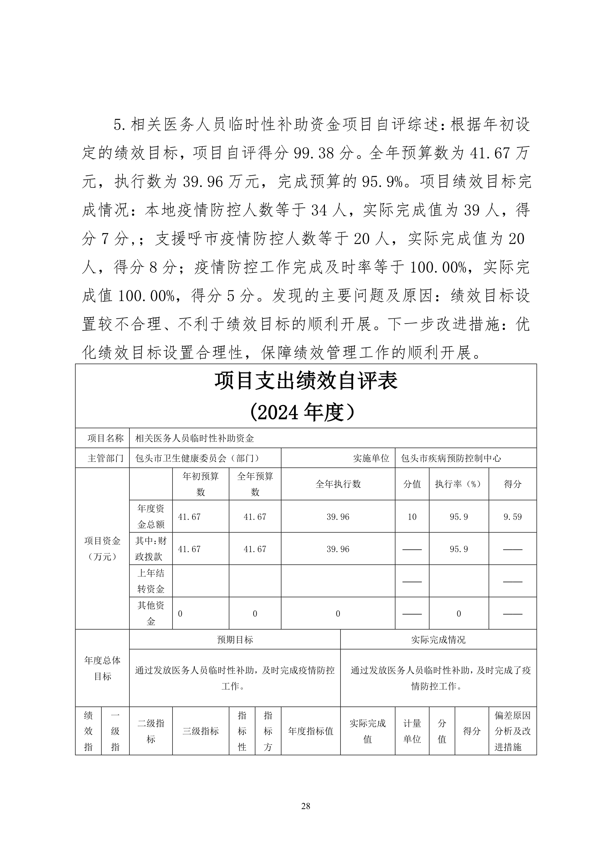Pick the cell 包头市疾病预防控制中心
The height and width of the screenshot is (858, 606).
click(451, 458)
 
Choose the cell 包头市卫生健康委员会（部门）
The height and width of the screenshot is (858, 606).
click(197, 458)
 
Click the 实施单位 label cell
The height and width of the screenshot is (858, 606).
click(371, 458)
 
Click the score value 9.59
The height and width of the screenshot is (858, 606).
click(512, 517)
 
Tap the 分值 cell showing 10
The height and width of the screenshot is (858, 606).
click(412, 517)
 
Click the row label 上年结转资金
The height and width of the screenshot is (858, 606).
click(151, 581)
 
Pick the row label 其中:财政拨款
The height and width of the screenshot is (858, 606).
click(151, 549)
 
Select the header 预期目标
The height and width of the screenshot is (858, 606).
click(235, 640)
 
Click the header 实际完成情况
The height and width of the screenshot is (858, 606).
click(438, 640)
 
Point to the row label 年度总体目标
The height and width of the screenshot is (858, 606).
click(102, 668)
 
